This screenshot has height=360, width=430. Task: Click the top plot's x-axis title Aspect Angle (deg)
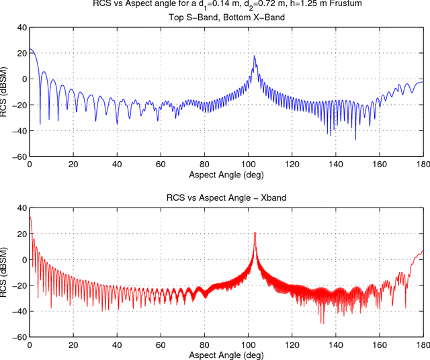point(225,174)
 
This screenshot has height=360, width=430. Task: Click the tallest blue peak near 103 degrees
point(254,56)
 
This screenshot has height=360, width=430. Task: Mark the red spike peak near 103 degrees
point(255,234)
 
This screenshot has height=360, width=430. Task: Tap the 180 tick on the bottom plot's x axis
point(422,344)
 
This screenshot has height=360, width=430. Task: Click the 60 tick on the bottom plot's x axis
point(161,344)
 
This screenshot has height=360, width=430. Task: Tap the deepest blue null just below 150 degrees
point(355,139)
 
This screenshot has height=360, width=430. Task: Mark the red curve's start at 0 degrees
point(30,217)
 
